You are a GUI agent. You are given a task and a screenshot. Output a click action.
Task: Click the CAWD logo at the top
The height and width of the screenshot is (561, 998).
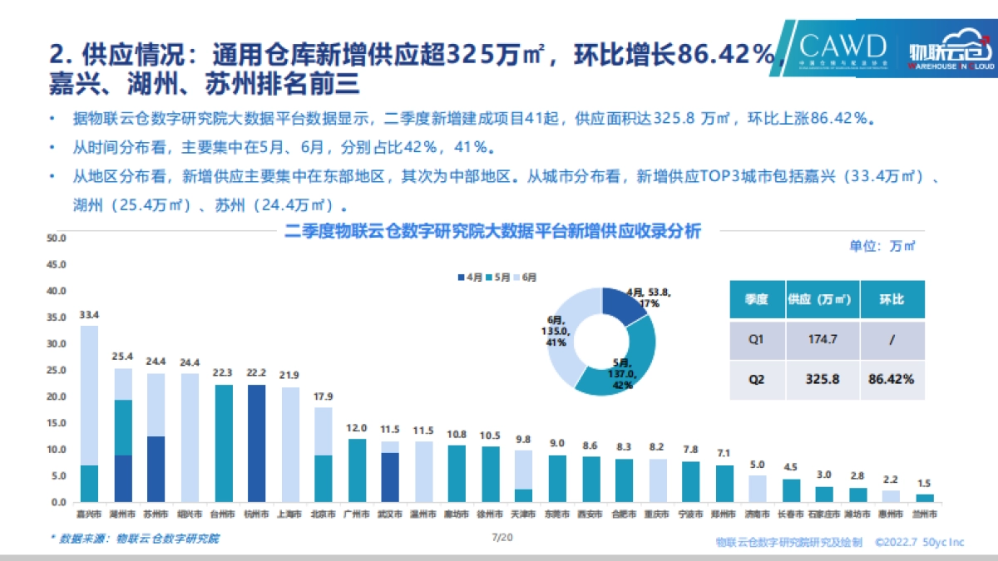tap(842, 48)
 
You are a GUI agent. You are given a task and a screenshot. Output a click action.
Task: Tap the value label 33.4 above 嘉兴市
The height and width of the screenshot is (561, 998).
tap(89, 315)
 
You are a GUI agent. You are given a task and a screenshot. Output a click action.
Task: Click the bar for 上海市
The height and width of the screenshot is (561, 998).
tap(289, 445)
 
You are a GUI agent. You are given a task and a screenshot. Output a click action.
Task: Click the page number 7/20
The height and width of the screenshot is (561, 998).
tap(501, 538)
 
